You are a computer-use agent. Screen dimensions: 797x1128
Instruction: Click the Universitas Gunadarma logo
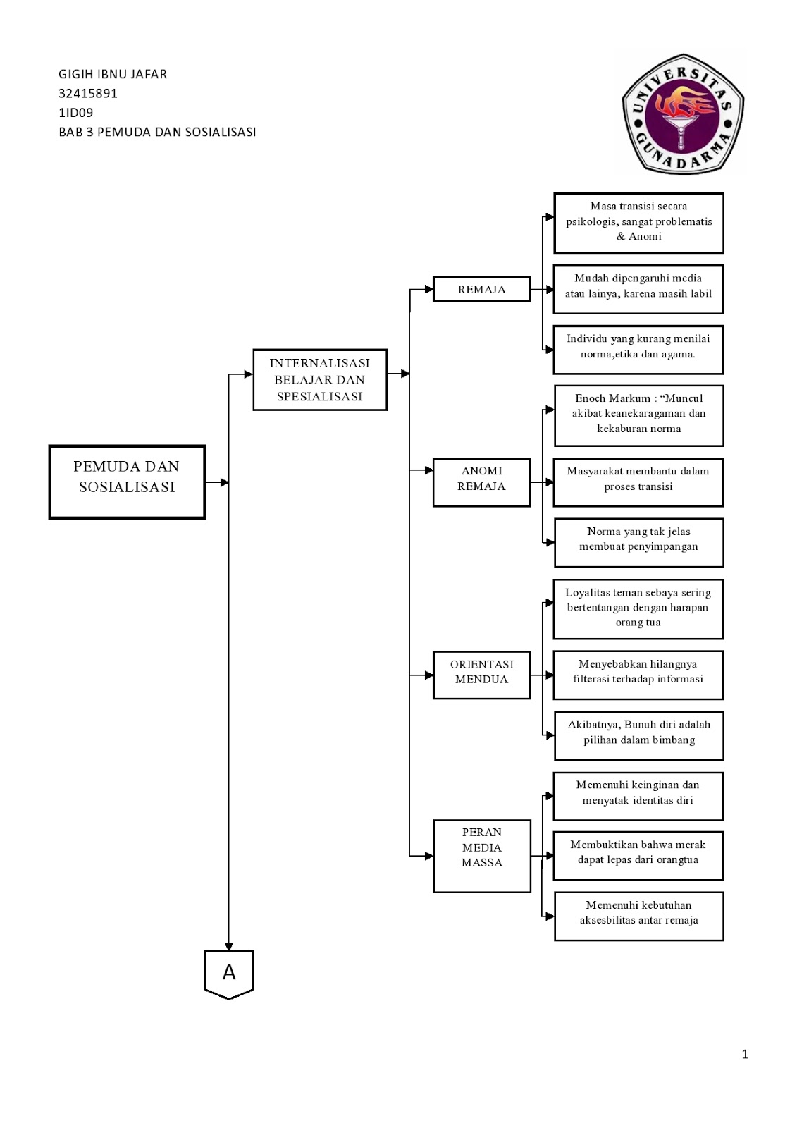[x=683, y=114]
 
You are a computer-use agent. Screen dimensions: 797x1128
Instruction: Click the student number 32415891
[x=87, y=94]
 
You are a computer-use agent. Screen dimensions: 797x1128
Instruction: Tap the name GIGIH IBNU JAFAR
[x=113, y=74]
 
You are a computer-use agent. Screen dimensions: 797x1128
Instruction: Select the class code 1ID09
[x=75, y=113]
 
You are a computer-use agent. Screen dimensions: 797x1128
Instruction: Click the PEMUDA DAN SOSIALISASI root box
[x=127, y=482]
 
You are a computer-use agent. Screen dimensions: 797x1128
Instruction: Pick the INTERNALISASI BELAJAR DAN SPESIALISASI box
[x=320, y=380]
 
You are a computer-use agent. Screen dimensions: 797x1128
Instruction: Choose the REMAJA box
[x=481, y=289]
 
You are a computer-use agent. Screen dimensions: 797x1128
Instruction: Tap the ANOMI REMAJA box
[x=481, y=482]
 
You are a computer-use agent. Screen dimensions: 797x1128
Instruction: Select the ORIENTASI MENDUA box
[x=481, y=675]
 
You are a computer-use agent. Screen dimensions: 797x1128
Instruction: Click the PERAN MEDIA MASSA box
[x=482, y=856]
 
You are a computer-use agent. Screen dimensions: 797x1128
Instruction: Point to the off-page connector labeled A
[x=229, y=974]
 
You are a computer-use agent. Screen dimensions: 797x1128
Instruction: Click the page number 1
[x=745, y=1054]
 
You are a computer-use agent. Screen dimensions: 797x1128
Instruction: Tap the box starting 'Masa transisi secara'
[x=638, y=223]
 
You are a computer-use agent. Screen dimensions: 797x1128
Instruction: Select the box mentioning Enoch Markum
[x=639, y=416]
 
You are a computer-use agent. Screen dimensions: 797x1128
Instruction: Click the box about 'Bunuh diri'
[x=639, y=736]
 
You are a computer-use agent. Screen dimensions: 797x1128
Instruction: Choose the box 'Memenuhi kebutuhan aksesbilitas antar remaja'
[x=639, y=916]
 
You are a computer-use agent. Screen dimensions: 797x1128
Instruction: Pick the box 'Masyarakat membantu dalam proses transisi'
[x=638, y=482]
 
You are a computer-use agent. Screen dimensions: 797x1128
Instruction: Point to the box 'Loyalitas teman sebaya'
[x=638, y=609]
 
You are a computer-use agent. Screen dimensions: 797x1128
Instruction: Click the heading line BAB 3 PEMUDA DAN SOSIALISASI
[x=157, y=132]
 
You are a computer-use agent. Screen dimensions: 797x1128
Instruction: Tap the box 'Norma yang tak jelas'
[x=639, y=543]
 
